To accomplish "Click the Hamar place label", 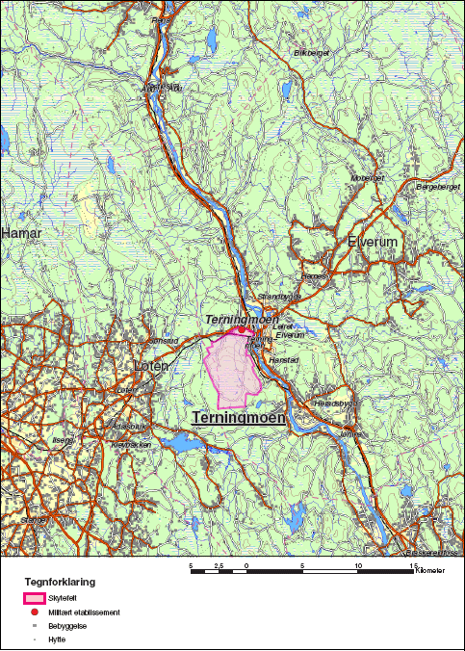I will tap(16, 233).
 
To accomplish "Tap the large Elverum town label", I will tap(373, 242).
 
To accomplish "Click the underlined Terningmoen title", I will tap(239, 418).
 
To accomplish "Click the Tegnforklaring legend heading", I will tap(60, 582).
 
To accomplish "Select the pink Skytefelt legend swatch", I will tap(35, 598).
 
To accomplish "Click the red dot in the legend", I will tap(35, 612).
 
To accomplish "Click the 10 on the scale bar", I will tap(358, 564).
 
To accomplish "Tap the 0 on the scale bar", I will tap(247, 564).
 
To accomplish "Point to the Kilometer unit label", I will tap(429, 571).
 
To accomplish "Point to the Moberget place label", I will tap(368, 178).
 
